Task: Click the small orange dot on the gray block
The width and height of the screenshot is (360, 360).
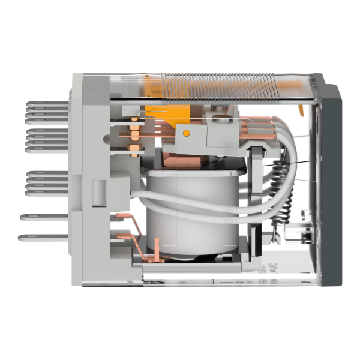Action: [x=186, y=133]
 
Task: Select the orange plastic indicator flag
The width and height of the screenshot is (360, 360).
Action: [x=167, y=115]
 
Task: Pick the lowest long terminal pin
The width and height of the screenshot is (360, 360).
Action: [x=45, y=237]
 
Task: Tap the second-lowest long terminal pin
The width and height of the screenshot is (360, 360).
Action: [x=45, y=216]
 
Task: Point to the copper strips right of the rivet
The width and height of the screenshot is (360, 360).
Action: [x=258, y=129]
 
